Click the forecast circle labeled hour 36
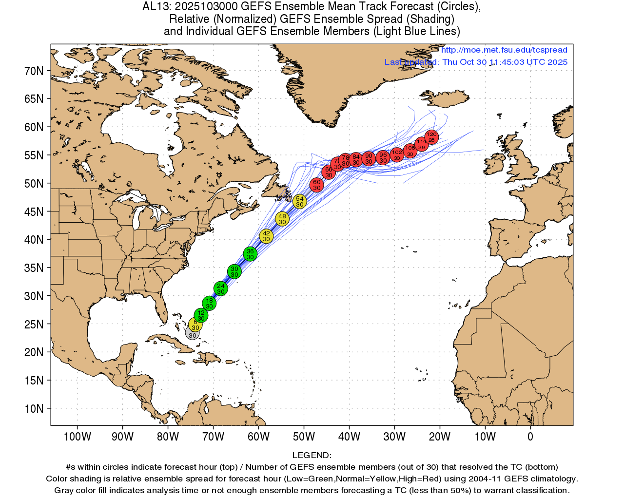click(x=250, y=254)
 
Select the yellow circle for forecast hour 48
click(x=282, y=219)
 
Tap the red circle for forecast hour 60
click(x=317, y=185)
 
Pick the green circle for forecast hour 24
click(x=221, y=288)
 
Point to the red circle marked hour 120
click(x=431, y=137)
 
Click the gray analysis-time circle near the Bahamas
click(x=192, y=333)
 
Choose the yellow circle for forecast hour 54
click(x=300, y=201)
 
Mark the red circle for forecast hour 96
click(x=383, y=157)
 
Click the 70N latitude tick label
click(x=34, y=71)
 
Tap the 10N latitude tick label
click(x=34, y=409)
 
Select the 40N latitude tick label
click(x=34, y=240)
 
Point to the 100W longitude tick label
click(x=78, y=437)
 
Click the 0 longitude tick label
click(x=530, y=437)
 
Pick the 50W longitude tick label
click(x=304, y=437)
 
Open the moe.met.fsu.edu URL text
click(x=504, y=50)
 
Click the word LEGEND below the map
click(x=312, y=455)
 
